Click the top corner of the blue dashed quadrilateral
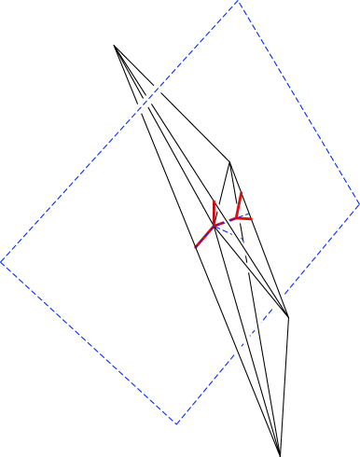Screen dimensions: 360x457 pos(238,2)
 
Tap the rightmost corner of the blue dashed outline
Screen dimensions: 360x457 pos(358,202)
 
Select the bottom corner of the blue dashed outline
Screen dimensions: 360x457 pos(176,424)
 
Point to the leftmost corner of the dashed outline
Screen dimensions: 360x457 pos(2,262)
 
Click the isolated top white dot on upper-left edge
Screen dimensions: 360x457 pos(158,89)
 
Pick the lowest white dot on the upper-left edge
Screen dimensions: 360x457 pos(140,108)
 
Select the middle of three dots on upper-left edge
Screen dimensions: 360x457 pos(147,101)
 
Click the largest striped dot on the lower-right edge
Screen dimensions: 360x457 pos(279,300)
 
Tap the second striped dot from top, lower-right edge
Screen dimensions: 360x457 pos(257,326)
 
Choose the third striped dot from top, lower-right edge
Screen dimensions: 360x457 pos(247,339)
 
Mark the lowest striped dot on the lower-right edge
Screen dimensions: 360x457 pos(238,351)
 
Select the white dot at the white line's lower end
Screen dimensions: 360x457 pos(249,268)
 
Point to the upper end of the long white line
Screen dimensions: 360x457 pos(187,158)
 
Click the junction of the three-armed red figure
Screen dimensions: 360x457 pos(215,224)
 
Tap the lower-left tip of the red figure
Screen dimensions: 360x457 pos(196,248)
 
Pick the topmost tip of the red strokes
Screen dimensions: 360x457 pos(242,193)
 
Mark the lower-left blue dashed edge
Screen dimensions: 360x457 pos(89,343)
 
